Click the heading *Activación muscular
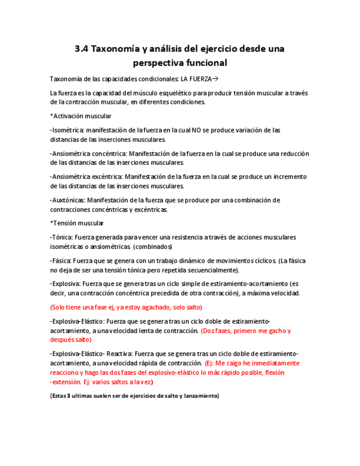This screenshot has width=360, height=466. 80,116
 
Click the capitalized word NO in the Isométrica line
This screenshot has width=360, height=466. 196,130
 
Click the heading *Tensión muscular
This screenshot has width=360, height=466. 76,223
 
